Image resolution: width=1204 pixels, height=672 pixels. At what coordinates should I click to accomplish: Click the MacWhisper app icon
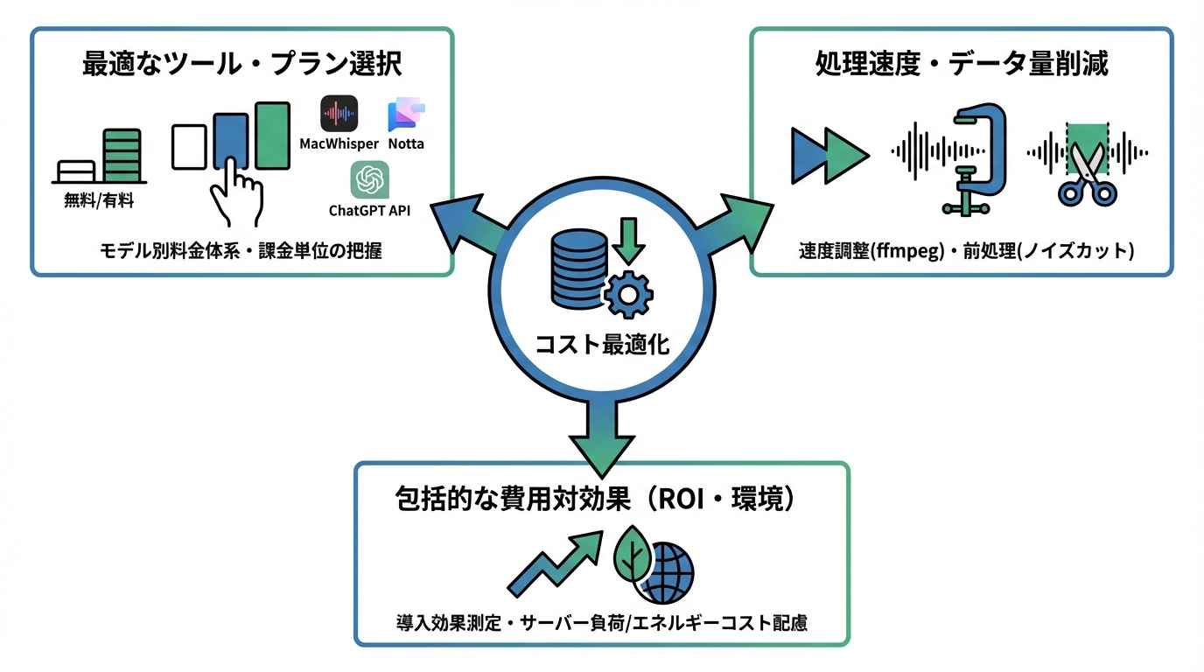coord(339,114)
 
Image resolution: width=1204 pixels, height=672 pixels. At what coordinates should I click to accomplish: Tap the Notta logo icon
coord(405,115)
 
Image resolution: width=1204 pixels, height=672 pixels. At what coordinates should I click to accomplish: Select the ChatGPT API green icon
coord(369,180)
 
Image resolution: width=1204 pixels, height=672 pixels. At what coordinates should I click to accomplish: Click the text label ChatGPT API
coord(369,210)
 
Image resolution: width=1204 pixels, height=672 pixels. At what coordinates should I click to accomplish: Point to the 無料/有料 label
coord(99,199)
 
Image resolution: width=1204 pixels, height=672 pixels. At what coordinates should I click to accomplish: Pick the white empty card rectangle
coord(189,146)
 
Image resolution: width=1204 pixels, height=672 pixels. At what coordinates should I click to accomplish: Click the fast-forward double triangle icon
coord(828,156)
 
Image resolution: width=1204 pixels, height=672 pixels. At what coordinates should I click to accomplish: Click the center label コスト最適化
coord(602,345)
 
